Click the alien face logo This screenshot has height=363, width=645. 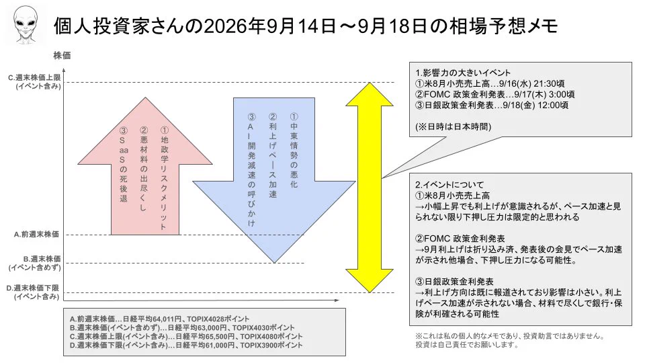pos(26,24)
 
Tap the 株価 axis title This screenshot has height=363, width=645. pos(62,56)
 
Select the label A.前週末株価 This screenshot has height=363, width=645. pos(36,234)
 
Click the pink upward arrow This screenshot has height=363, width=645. pos(145,166)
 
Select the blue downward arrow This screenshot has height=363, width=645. pos(274,180)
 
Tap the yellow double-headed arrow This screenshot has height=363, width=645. pos(370,188)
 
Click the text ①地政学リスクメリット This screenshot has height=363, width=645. pos(164,177)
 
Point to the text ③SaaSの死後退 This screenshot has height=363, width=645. pos(124,165)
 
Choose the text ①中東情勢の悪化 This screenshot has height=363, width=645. pos(294,150)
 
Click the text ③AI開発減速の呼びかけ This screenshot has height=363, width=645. pos(251,169)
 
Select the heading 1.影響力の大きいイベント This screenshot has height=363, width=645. pos(463,73)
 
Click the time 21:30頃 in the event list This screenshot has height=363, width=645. pos(549,83)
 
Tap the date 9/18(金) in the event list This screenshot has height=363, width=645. pos(519,105)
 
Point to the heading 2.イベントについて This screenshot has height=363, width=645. pos(449,185)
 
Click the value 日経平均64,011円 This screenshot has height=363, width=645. pos(152,319)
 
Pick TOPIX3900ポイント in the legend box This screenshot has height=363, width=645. pos(271,346)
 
